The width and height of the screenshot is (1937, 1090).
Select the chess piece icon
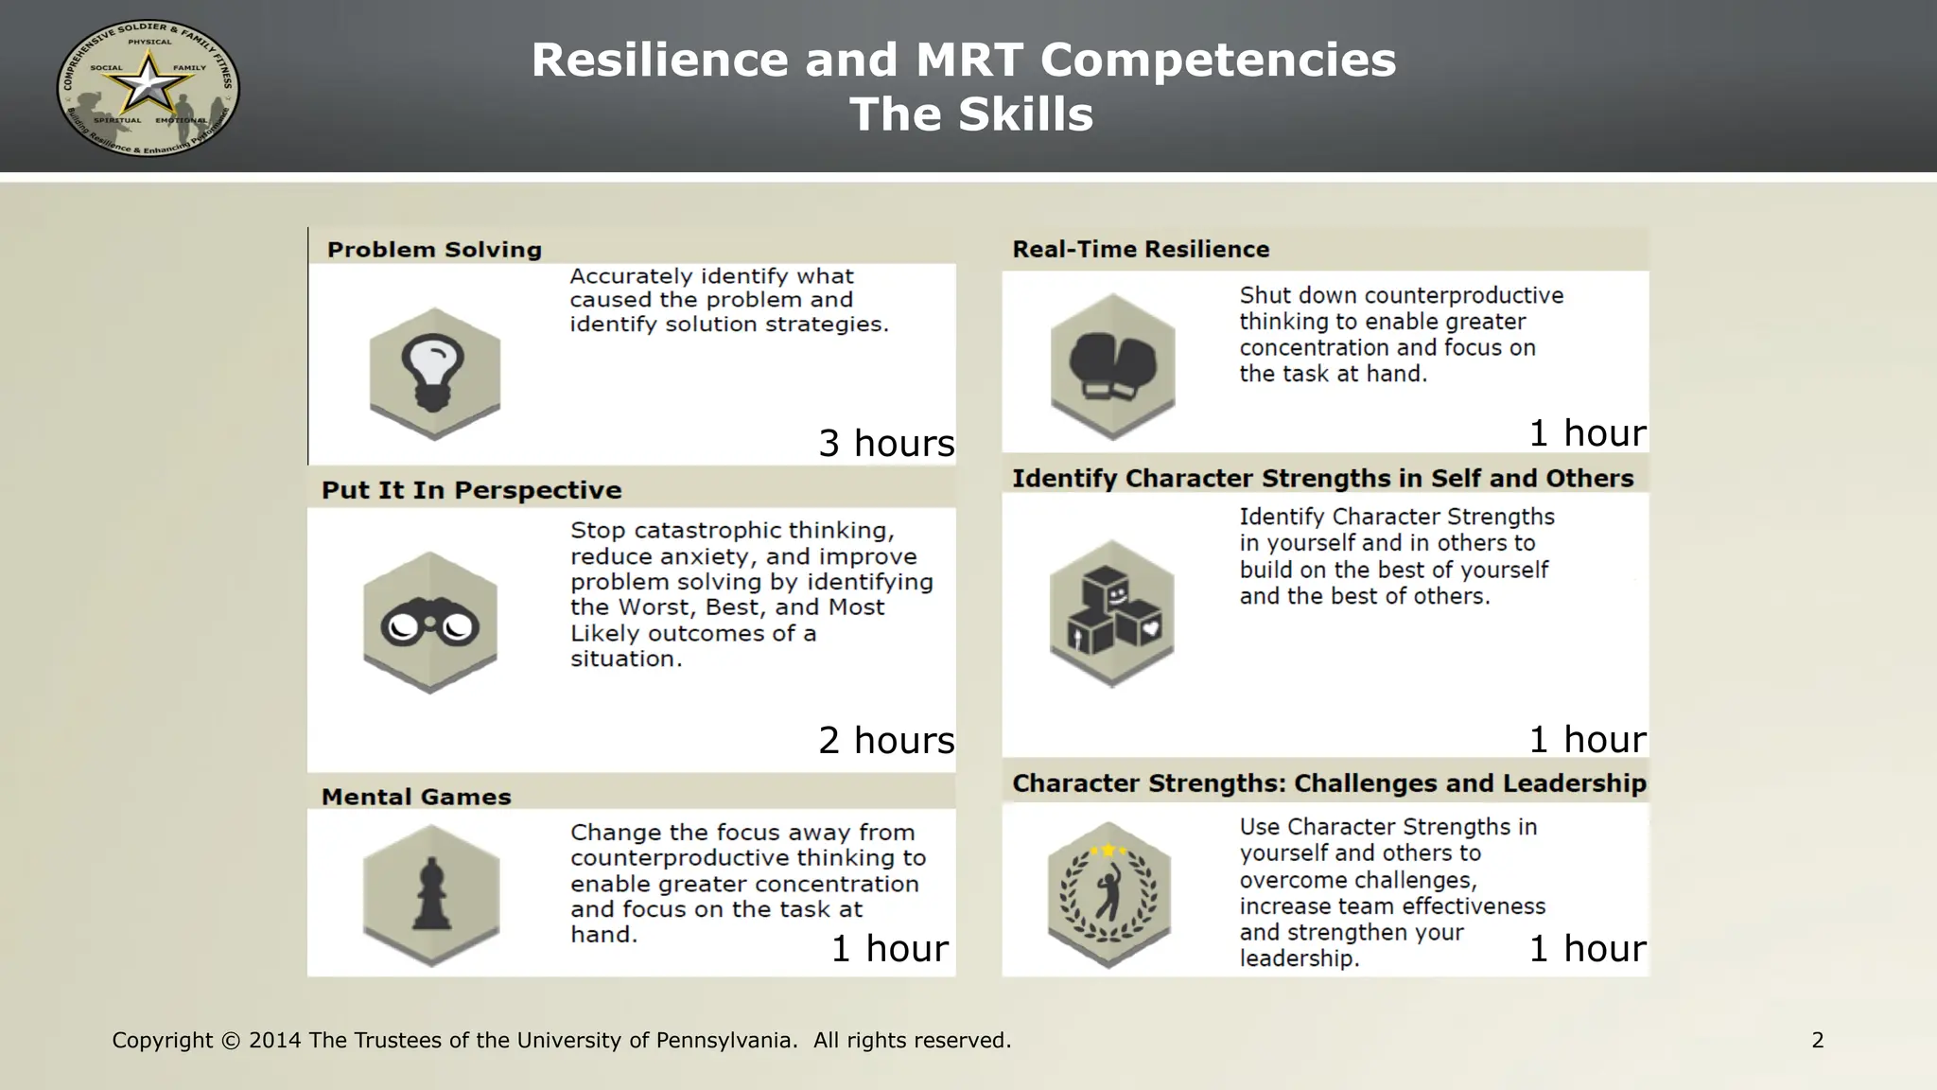click(431, 893)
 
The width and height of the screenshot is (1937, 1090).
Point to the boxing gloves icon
click(1112, 365)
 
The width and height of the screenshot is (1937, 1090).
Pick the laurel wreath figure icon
click(1109, 892)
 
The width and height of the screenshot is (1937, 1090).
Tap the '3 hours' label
click(886, 443)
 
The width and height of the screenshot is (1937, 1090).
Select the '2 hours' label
click(886, 740)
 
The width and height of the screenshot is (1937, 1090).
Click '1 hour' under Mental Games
click(889, 948)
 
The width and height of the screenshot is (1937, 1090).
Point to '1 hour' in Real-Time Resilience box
click(1588, 433)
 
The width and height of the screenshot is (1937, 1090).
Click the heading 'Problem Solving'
click(434, 250)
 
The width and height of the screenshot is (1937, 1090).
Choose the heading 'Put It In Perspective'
click(471, 490)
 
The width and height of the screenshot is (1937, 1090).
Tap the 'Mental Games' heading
click(416, 797)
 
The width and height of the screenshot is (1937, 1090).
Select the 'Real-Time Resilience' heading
click(1141, 249)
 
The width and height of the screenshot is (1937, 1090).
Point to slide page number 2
click(1817, 1041)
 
